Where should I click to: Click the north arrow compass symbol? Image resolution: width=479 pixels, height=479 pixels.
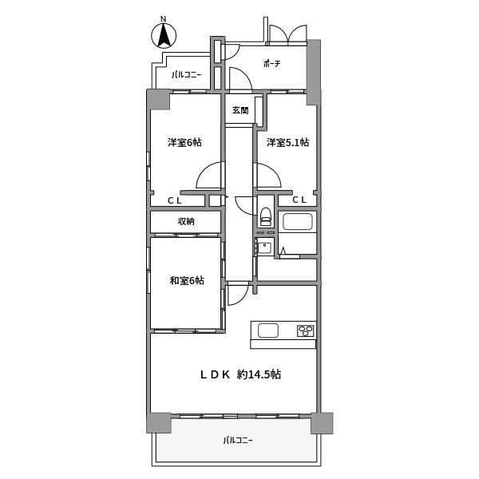[164, 35]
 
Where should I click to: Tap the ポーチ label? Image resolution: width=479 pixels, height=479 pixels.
[271, 64]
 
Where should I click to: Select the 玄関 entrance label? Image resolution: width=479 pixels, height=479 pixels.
[240, 110]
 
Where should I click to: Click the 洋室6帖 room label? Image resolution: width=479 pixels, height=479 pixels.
[184, 142]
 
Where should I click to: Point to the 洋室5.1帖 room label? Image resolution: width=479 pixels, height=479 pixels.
[287, 142]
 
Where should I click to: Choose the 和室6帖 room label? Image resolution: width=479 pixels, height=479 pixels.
[187, 280]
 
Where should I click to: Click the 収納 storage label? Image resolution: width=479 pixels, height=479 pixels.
[186, 221]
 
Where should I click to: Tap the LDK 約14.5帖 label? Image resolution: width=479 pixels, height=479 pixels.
[240, 374]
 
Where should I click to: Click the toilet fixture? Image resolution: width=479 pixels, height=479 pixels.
[266, 216]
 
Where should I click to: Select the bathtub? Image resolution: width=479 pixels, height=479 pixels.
[298, 221]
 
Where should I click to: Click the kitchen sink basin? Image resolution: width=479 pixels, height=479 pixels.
[268, 331]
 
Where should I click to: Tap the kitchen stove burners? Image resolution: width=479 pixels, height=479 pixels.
[306, 331]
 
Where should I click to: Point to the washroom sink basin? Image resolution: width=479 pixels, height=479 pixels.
[264, 247]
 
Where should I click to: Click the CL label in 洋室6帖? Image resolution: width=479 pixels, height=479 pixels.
[175, 200]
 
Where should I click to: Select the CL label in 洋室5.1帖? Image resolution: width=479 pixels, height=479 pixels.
[299, 200]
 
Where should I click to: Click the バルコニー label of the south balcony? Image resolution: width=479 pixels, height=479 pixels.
[238, 441]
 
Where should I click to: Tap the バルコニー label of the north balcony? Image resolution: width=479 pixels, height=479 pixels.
[187, 74]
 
